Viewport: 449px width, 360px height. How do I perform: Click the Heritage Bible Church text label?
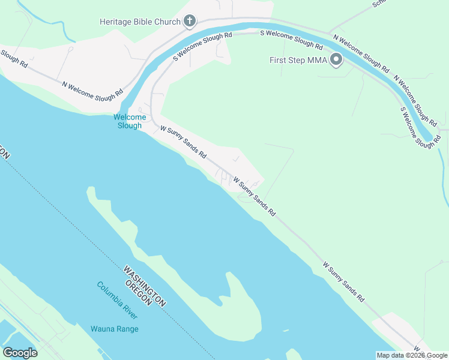click(140, 22)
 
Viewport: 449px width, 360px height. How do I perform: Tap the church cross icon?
click(190, 22)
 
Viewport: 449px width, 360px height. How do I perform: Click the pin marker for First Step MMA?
click(336, 59)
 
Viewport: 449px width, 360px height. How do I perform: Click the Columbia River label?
click(117, 300)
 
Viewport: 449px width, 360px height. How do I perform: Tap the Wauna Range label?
click(114, 329)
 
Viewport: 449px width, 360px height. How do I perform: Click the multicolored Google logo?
click(20, 353)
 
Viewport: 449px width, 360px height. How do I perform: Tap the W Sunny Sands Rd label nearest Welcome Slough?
click(183, 142)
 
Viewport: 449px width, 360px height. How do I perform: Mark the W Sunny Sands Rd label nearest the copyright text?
click(343, 281)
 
